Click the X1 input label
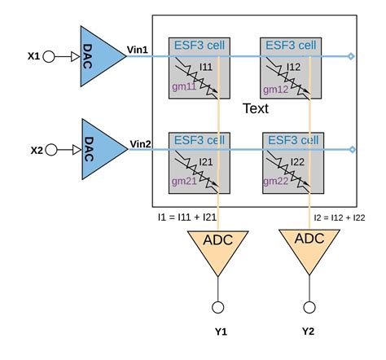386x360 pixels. tap(33, 56)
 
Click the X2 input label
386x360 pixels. tap(36, 150)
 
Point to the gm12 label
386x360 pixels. tap(277, 88)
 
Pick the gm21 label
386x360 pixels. tap(184, 181)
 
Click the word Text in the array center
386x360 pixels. tap(257, 108)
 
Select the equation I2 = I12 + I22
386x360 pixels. tap(344, 218)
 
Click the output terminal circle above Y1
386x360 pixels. tap(218, 307)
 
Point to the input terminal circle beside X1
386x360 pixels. tap(49, 57)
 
